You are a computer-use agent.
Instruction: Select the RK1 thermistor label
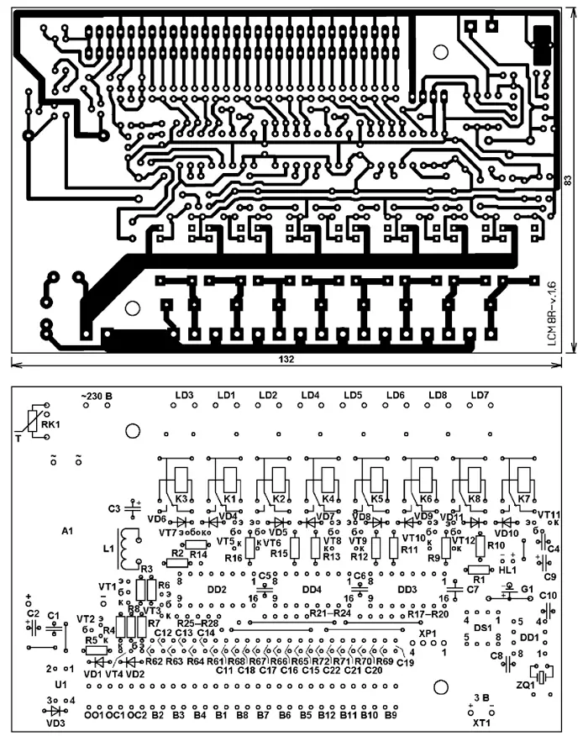point(52,425)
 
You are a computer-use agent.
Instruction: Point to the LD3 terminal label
point(185,395)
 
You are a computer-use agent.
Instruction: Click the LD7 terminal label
point(480,395)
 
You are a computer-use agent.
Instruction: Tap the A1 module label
point(68,532)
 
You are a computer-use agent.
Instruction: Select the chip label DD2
point(217,589)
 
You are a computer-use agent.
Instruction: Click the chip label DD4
point(312,589)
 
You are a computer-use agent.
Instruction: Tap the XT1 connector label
point(480,722)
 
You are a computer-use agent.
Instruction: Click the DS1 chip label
point(482,627)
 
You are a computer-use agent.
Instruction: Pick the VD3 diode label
point(55,721)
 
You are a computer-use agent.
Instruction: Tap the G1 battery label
point(527,589)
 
